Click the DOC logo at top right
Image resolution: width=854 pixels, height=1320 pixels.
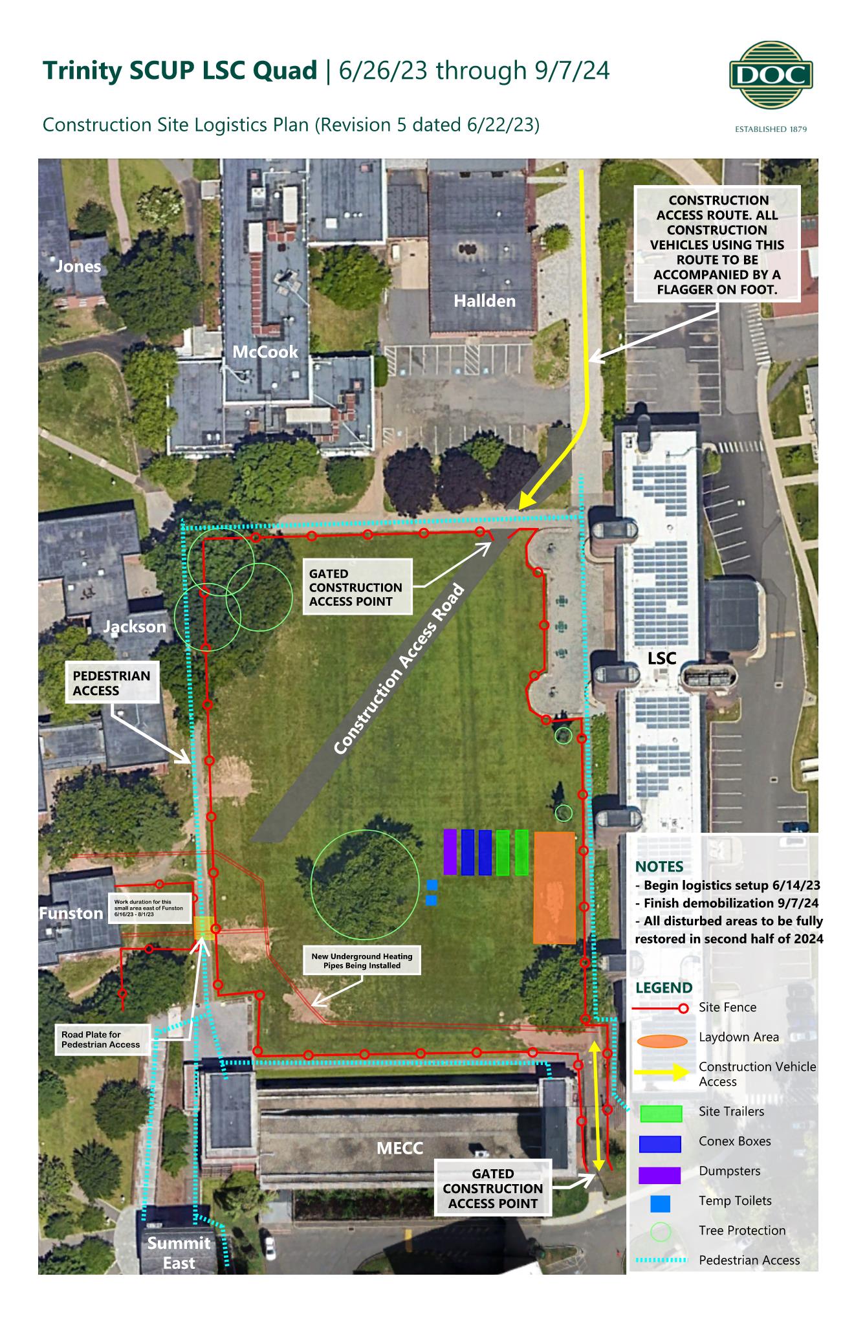point(771,76)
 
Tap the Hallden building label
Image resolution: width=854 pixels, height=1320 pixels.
point(484,301)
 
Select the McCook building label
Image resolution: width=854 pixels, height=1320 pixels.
point(265,352)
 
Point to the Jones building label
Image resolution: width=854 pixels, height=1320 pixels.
point(78,266)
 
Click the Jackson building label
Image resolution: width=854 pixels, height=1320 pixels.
point(135,626)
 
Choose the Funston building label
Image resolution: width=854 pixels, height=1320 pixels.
point(71,913)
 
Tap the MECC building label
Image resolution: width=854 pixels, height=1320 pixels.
point(400,1148)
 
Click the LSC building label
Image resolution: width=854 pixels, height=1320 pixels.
point(662,659)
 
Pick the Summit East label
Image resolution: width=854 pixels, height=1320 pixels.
point(179,1253)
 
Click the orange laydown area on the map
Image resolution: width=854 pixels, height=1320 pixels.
point(554,887)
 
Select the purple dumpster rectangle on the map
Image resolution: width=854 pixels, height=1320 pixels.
point(450,852)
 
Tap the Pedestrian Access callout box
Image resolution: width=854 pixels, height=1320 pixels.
point(112,683)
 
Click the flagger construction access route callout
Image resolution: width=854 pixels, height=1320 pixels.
point(717,245)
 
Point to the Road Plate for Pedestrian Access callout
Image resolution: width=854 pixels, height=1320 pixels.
point(102,1039)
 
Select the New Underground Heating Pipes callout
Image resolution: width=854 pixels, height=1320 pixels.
point(362,961)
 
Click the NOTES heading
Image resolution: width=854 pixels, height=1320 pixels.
point(659,866)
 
